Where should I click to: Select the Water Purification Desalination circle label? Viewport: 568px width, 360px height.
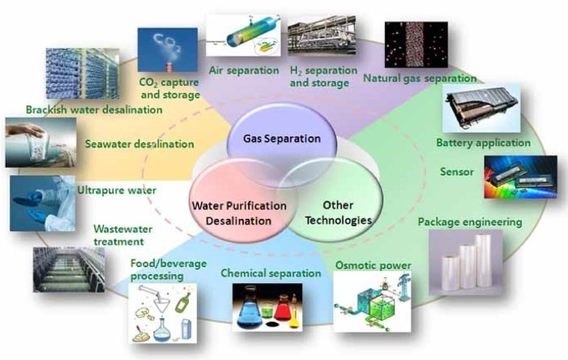coord(238,212)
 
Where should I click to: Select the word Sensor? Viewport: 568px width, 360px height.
coord(456,172)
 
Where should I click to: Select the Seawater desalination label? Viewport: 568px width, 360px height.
coord(139,144)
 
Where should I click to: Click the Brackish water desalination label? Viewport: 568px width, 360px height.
coord(80,109)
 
